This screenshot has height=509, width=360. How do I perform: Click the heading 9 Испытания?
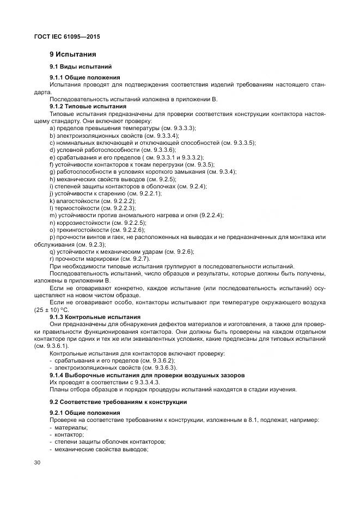pyautogui.click(x=72, y=54)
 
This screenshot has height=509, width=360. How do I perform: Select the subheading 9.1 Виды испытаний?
pyautogui.click(x=80, y=66)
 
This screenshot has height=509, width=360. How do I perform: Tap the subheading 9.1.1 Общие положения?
pyautogui.click(x=84, y=78)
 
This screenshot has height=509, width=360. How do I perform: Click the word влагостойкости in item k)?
pyautogui.click(x=75, y=201)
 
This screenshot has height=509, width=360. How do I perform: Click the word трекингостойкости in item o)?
pyautogui.click(x=80, y=230)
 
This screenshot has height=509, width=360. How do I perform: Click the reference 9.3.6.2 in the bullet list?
pyautogui.click(x=175, y=360)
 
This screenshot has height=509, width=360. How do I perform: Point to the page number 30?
pyautogui.click(x=37, y=462)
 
